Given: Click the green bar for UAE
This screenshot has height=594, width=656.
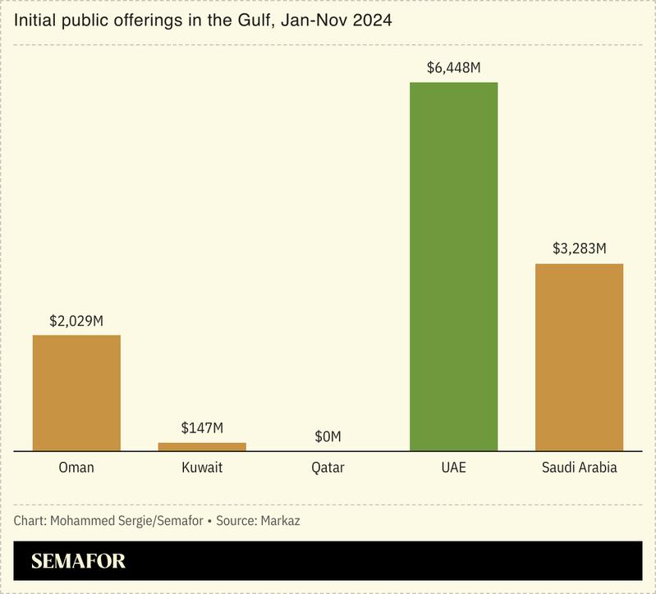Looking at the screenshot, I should pyautogui.click(x=453, y=267).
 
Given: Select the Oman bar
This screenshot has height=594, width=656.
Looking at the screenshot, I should pyautogui.click(x=76, y=393).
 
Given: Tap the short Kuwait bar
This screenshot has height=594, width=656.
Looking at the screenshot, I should pyautogui.click(x=202, y=446).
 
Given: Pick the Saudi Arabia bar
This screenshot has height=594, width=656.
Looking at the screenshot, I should pyautogui.click(x=579, y=357).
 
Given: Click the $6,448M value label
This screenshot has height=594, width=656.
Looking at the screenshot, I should pyautogui.click(x=453, y=68).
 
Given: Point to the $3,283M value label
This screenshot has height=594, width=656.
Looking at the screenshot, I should pyautogui.click(x=579, y=249).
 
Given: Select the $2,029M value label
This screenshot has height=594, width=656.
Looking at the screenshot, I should pyautogui.click(x=76, y=321).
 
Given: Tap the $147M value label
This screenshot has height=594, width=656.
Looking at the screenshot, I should pyautogui.click(x=202, y=428).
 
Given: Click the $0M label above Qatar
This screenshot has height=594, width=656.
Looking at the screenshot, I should pyautogui.click(x=328, y=436).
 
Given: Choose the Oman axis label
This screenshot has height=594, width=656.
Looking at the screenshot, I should pyautogui.click(x=76, y=468).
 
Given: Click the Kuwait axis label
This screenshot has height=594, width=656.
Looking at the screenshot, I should pyautogui.click(x=202, y=468).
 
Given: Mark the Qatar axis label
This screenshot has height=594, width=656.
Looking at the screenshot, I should pyautogui.click(x=328, y=468).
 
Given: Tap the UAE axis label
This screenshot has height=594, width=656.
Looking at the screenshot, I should pyautogui.click(x=453, y=468).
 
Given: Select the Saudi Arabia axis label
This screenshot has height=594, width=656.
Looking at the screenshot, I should pyautogui.click(x=579, y=468).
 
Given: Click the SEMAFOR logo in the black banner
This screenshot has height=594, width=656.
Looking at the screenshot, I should pyautogui.click(x=79, y=562).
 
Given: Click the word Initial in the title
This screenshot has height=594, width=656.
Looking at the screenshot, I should pyautogui.click(x=34, y=21).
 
